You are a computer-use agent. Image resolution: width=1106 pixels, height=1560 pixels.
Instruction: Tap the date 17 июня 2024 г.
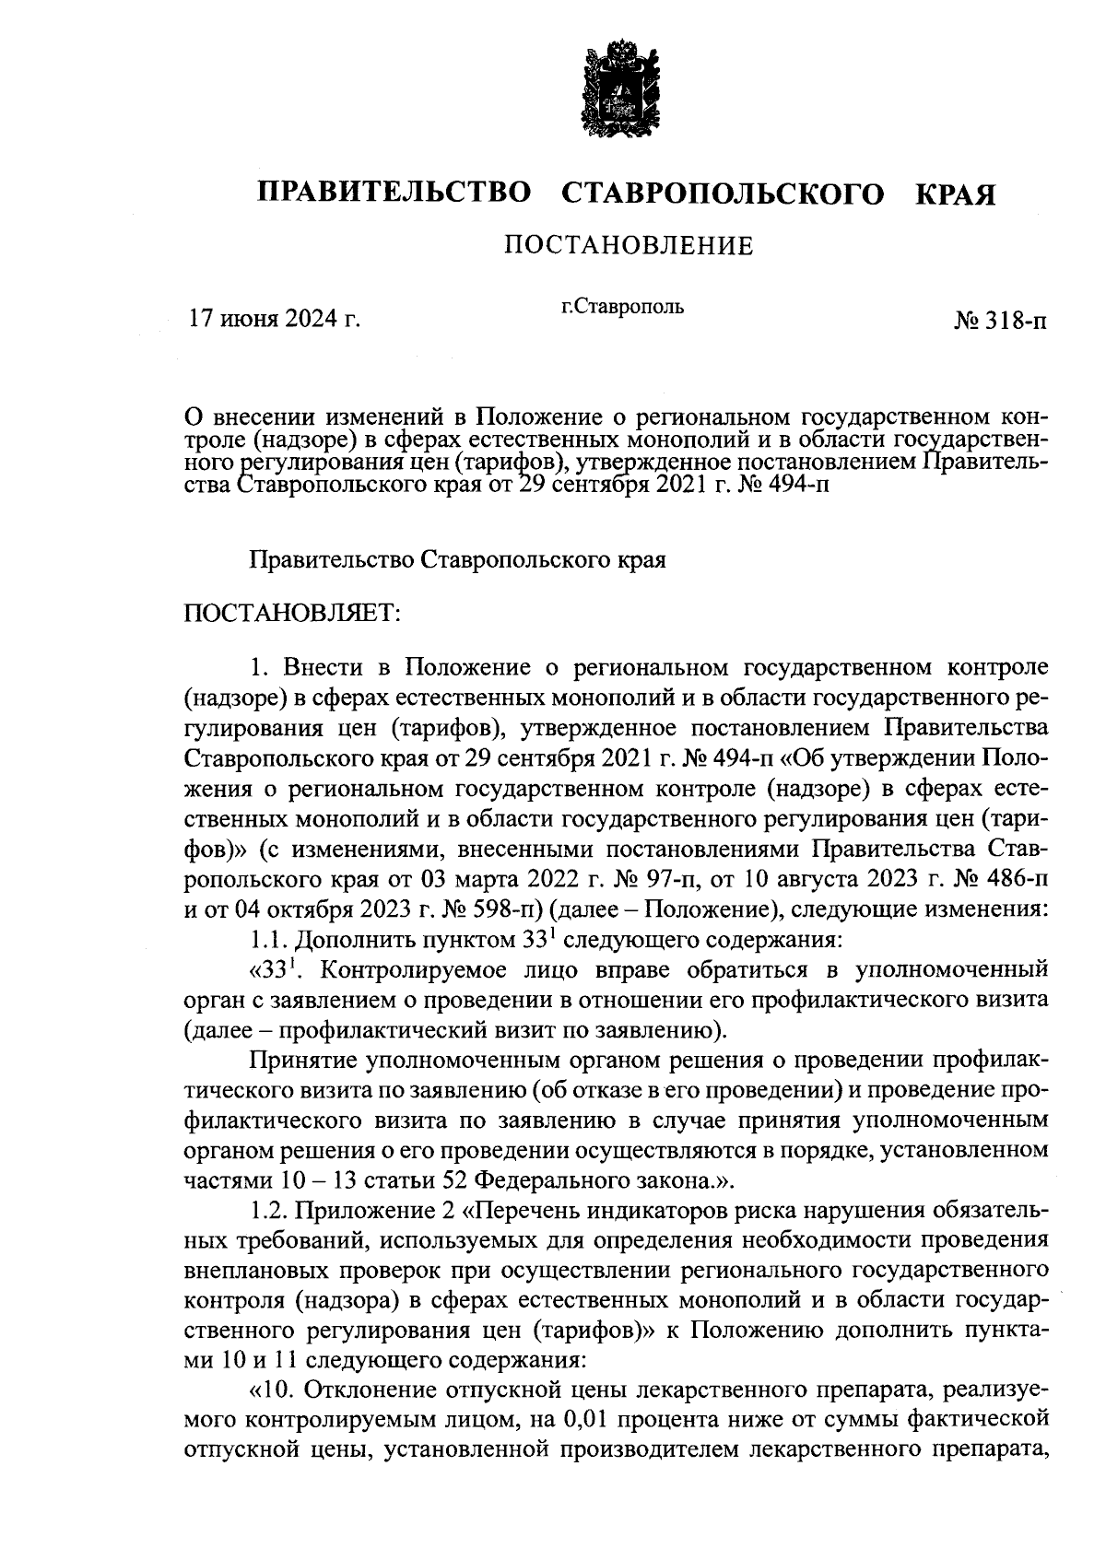(x=274, y=320)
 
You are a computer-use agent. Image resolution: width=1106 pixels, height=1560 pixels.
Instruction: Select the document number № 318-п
(x=1000, y=322)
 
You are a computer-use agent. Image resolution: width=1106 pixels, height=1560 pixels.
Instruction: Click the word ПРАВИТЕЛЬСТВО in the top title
(x=394, y=194)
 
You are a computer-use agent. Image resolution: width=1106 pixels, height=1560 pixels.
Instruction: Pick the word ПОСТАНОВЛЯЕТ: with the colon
(x=292, y=612)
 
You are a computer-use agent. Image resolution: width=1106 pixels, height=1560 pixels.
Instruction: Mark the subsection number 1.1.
(x=267, y=941)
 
